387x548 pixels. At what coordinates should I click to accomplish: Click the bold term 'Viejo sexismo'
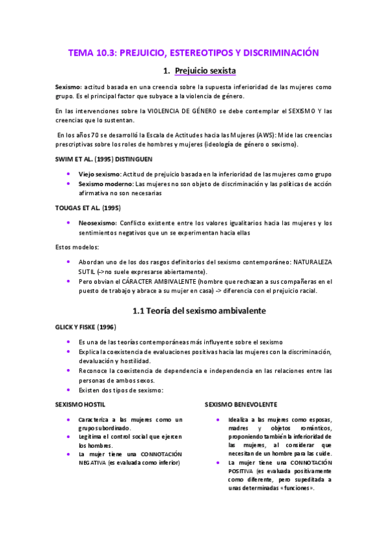pos(98,174)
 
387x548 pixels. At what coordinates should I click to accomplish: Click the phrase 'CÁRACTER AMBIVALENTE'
pos(140,282)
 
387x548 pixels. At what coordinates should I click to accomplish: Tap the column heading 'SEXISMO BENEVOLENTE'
pos(241,405)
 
